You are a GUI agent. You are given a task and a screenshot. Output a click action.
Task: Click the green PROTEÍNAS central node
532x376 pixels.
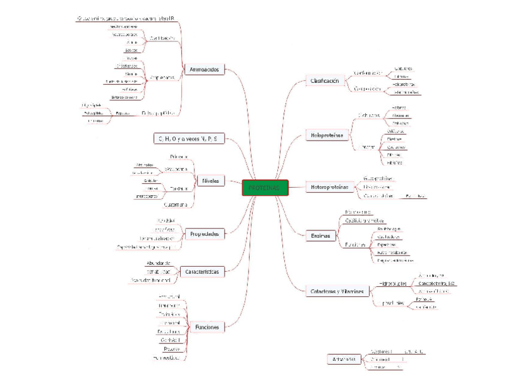click(x=265, y=188)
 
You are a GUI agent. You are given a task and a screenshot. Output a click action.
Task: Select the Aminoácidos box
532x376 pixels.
click(x=204, y=70)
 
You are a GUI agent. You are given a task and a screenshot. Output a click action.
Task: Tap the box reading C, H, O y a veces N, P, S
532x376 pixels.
click(x=188, y=138)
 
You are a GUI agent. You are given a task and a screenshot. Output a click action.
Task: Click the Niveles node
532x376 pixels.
click(x=210, y=181)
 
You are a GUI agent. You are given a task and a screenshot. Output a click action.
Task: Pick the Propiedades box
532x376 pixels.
click(x=204, y=234)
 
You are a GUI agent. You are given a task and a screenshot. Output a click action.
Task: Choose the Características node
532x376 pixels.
click(x=203, y=272)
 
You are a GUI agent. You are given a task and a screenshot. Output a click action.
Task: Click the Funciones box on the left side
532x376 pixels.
click(x=207, y=327)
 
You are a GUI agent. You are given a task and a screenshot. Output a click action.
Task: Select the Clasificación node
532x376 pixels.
click(x=324, y=81)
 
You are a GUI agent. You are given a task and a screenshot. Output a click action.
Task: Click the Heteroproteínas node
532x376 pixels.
click(x=330, y=187)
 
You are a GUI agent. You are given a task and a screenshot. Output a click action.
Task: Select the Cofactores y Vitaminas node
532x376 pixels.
click(x=337, y=292)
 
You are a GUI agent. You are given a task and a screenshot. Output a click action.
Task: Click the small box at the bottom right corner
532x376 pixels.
click(x=342, y=360)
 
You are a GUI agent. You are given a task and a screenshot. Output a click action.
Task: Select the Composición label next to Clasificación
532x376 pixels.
click(x=368, y=89)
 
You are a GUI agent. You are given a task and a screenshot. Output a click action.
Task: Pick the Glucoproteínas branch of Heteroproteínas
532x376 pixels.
click(x=378, y=178)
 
